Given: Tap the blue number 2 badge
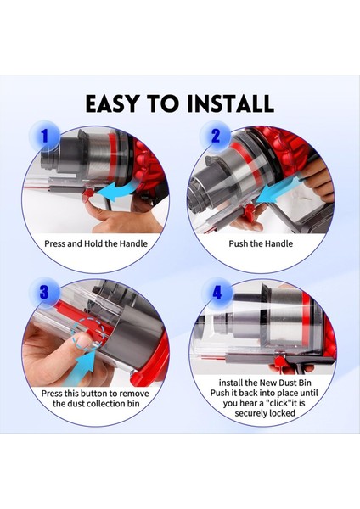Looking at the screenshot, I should [x=215, y=134].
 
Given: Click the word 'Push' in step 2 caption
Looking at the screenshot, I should [x=241, y=243].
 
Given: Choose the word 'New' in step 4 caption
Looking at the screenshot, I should [x=259, y=383].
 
